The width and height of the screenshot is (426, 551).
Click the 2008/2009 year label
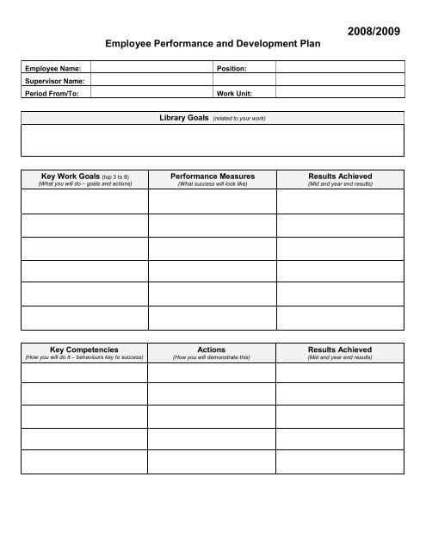click(374, 31)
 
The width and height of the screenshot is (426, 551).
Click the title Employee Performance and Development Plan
click(213, 41)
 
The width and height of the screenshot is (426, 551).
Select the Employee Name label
click(52, 67)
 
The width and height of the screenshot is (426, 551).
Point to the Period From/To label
click(52, 93)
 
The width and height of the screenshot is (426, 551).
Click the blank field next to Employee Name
click(151, 67)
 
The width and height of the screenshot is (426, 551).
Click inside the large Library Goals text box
click(213, 139)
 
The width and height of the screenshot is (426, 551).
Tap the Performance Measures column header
click(213, 176)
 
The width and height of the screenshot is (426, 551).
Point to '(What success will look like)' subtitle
click(212, 184)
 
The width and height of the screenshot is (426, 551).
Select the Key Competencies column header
click(78, 350)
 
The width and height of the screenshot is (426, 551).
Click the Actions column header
click(212, 350)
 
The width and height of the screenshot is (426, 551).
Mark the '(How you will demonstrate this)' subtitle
click(212, 357)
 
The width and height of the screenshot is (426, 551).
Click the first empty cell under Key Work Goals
click(83, 201)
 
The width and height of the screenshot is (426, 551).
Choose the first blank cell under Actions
click(212, 372)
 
